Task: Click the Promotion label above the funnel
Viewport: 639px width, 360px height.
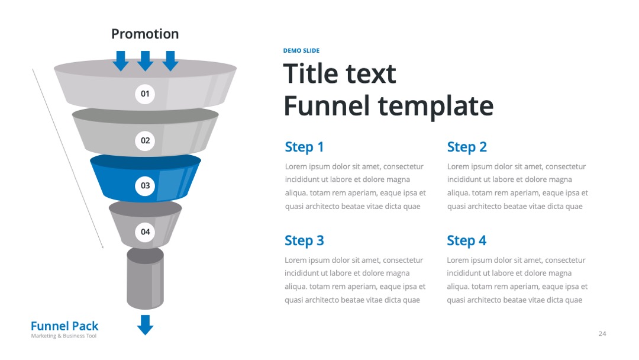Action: click(145, 34)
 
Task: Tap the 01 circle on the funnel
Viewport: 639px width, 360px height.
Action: click(145, 94)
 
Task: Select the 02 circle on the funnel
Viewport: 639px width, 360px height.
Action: click(145, 141)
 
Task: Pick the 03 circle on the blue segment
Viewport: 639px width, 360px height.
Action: click(145, 185)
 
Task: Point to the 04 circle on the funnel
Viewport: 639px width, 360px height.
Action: click(145, 232)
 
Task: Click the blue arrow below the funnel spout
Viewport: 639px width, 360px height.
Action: click(145, 325)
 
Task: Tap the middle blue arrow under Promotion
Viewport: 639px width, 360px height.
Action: click(145, 61)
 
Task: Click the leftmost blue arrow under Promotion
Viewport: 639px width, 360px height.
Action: click(121, 61)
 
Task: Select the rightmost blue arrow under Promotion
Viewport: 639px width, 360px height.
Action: click(170, 61)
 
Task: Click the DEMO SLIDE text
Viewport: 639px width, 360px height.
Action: click(301, 50)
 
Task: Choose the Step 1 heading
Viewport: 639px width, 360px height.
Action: click(305, 147)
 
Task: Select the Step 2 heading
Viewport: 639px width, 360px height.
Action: click(467, 147)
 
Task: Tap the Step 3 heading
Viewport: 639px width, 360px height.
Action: click(305, 240)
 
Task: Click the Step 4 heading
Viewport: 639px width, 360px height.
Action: click(467, 240)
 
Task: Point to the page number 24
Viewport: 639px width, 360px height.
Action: click(602, 333)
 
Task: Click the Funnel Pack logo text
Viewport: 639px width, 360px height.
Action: click(64, 326)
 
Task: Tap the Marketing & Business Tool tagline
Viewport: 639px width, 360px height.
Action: click(63, 336)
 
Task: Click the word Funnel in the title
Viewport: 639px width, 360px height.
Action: click(327, 105)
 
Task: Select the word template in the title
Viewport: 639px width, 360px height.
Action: click(435, 107)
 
